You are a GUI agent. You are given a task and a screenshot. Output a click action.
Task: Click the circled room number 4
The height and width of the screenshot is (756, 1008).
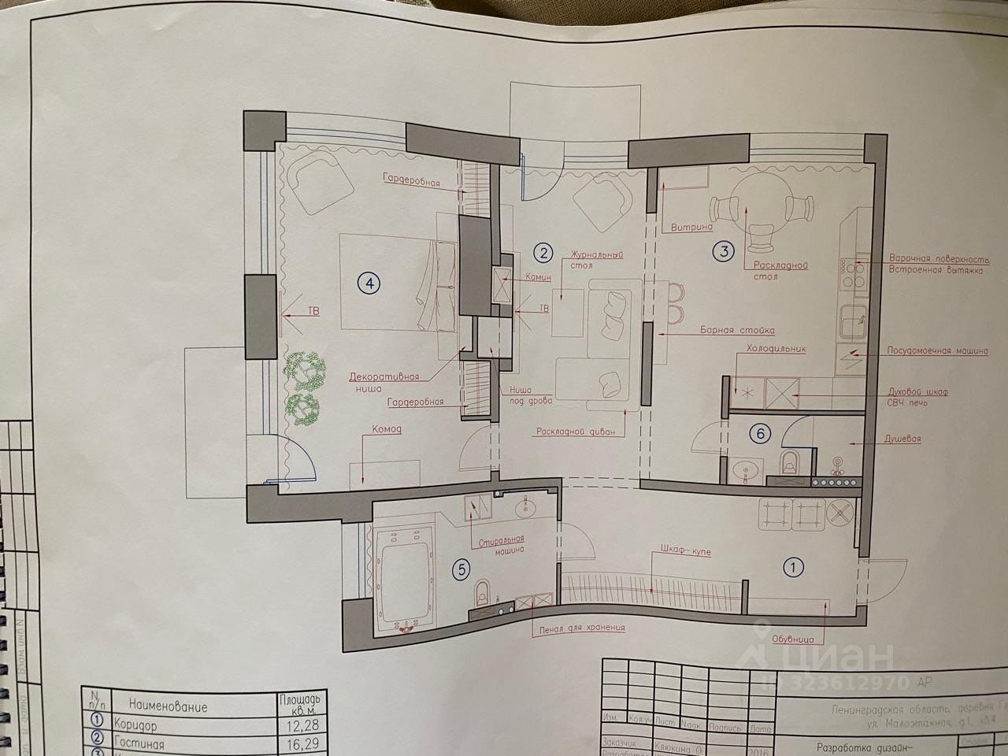click(x=369, y=282)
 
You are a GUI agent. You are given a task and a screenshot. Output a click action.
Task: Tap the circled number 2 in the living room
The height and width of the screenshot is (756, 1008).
click(x=543, y=253)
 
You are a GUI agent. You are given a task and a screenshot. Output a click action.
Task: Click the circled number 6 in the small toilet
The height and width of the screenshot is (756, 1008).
click(x=759, y=432)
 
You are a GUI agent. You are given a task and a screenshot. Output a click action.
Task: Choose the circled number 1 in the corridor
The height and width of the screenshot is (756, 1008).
click(x=793, y=565)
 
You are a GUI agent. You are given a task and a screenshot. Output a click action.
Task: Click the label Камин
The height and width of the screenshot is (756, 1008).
click(x=535, y=277)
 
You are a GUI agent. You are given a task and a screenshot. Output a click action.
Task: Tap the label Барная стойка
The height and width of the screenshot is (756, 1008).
click(x=737, y=331)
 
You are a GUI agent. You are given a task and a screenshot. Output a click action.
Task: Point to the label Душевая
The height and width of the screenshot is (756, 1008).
click(x=902, y=439)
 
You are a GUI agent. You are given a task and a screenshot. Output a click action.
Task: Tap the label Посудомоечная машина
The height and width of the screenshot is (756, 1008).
click(x=937, y=351)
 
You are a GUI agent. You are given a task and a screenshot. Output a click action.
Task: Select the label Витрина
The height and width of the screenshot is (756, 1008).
click(x=691, y=228)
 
